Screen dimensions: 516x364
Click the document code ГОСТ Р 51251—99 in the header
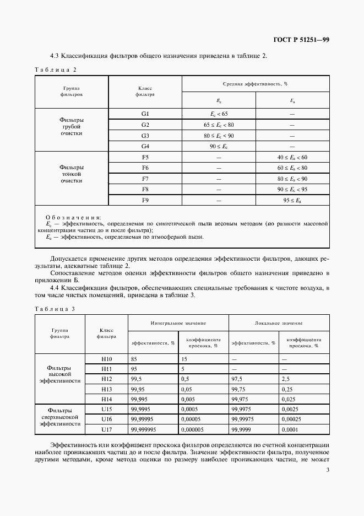[302, 40]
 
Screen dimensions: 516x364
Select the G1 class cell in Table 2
[145, 114]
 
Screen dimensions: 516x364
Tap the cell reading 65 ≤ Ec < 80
[218, 125]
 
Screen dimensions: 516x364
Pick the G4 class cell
[145, 146]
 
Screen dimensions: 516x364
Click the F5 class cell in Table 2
[145, 157]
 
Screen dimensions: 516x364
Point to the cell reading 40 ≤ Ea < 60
[292, 157]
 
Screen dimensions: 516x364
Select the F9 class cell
[145, 200]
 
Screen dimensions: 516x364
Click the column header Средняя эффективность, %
[255, 84]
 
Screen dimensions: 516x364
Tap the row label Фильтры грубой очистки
[72, 126]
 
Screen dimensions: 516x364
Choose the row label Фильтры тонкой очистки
[72, 173]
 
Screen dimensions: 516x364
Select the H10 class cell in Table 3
[106, 358]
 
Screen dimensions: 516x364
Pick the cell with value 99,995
[139, 399]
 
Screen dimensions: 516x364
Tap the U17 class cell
[106, 430]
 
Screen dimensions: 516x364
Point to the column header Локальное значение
[279, 322]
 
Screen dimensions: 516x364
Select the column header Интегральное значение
[178, 322]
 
